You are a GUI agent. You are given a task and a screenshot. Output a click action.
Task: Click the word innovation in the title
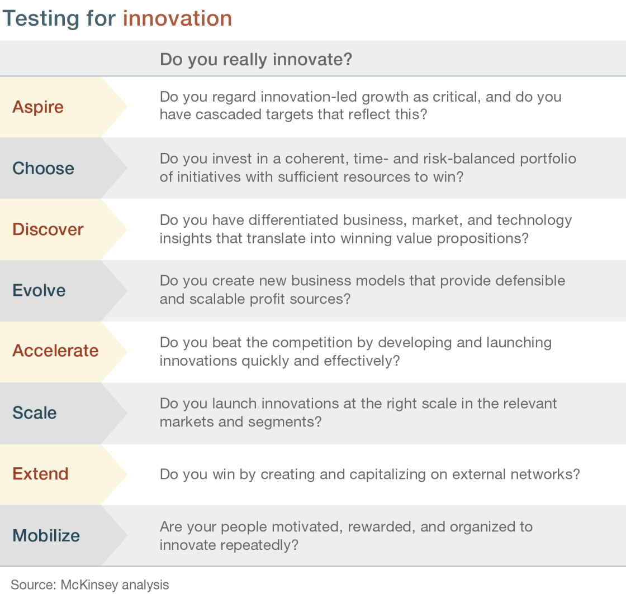click(x=177, y=18)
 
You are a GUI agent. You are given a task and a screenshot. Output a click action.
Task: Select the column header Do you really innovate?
click(x=256, y=59)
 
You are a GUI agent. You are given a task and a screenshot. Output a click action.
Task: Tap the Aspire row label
click(x=38, y=107)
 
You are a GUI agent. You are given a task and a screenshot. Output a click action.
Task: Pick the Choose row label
click(x=43, y=168)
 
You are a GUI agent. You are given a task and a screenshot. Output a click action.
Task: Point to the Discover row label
click(x=48, y=229)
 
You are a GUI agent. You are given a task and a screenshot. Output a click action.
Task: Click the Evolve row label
click(x=39, y=290)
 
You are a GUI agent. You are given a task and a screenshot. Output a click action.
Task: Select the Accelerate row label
click(x=55, y=351)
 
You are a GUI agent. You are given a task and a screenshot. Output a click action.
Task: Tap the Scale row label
click(x=34, y=413)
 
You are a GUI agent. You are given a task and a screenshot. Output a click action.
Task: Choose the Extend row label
click(x=40, y=473)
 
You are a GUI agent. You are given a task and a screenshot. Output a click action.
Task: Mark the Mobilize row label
click(x=46, y=535)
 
